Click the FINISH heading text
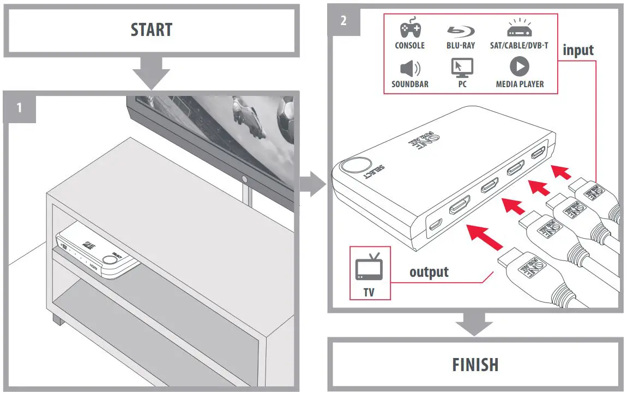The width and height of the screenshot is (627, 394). pyautogui.click(x=475, y=364)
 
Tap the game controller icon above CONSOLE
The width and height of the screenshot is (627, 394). pyautogui.click(x=409, y=30)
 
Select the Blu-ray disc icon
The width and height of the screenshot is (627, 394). pyautogui.click(x=460, y=31)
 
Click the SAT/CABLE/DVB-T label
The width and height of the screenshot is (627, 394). pyautogui.click(x=519, y=46)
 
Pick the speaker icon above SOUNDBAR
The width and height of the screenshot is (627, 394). pyautogui.click(x=409, y=69)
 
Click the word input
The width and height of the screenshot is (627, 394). pyautogui.click(x=577, y=50)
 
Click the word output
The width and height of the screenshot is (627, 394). pyautogui.click(x=429, y=271)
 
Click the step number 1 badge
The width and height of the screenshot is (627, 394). pyautogui.click(x=20, y=107)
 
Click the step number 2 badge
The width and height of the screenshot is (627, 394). pyautogui.click(x=343, y=21)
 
